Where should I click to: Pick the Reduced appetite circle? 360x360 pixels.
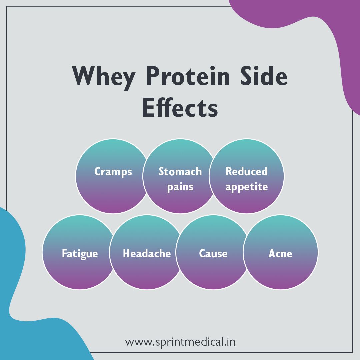tap(247, 200)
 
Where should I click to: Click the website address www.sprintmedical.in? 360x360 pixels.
tap(180, 342)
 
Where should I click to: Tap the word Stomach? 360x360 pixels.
tap(180, 172)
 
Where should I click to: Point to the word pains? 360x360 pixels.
tap(180, 187)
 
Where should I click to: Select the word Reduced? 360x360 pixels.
tap(247, 172)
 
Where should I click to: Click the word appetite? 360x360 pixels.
tap(247, 187)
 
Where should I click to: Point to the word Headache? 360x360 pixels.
tap(147, 254)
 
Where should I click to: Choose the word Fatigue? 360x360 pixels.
tap(80, 254)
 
